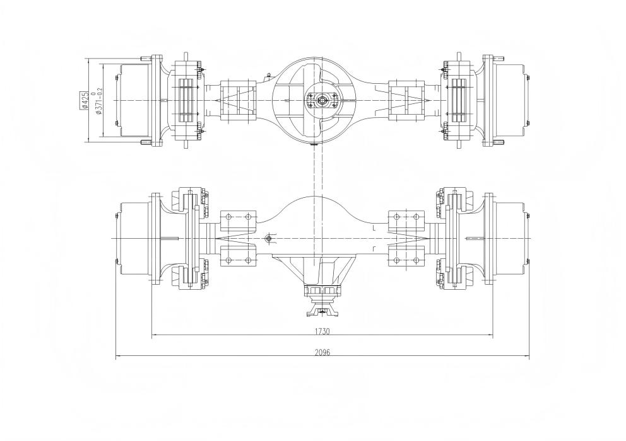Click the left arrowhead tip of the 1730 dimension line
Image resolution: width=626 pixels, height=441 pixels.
click(152, 336)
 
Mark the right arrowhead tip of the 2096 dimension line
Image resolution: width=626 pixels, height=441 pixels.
click(530, 357)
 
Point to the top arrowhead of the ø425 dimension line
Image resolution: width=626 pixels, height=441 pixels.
click(88, 59)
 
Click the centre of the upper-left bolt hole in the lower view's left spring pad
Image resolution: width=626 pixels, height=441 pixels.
click(228, 217)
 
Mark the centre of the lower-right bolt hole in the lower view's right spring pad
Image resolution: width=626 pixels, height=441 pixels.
click(416, 260)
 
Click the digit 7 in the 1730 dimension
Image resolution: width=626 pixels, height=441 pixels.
click(319, 331)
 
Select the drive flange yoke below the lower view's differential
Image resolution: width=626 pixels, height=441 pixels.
click(322, 311)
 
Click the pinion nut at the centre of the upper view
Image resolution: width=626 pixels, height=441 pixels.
click(321, 100)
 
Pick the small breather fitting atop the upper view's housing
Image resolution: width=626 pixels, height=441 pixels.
click(270, 74)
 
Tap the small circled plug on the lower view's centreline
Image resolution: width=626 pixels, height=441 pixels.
click(268, 238)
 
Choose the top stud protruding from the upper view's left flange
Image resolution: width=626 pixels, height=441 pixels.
click(146, 58)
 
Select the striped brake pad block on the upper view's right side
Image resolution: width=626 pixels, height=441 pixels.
click(458, 100)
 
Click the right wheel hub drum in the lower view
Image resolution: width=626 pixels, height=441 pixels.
click(511, 238)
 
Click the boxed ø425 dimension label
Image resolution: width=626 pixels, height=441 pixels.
click(84, 100)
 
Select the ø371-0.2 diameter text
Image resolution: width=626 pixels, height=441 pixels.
click(98, 101)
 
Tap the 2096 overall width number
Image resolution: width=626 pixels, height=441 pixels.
click(322, 352)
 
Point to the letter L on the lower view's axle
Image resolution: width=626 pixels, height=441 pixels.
click(372, 228)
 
